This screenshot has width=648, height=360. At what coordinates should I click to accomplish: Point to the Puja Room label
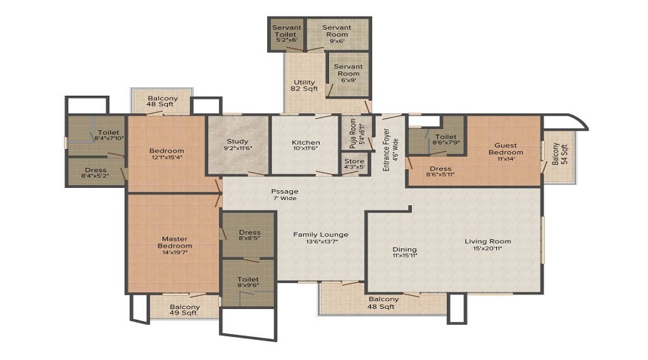pos(353,132)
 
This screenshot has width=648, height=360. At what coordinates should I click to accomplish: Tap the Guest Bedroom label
pos(505,148)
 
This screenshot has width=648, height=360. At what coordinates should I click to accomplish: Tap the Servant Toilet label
pos(286,32)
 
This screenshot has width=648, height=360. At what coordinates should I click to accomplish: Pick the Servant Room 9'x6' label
pos(336,32)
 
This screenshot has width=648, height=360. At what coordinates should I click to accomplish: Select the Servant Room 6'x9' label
pos(348,71)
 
